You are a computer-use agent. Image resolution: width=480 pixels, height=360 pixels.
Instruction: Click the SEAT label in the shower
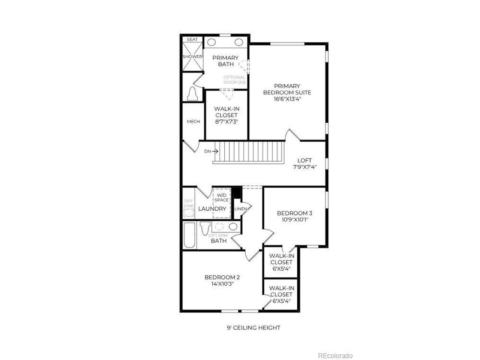coord(192,39)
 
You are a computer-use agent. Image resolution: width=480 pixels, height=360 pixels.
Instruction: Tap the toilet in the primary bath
coord(192,94)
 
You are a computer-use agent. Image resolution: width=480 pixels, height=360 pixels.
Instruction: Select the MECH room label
coord(193,121)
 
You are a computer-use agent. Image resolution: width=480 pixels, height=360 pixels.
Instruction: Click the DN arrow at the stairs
coord(215,151)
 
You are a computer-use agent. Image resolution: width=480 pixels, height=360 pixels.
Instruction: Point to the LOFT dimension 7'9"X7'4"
coord(304,167)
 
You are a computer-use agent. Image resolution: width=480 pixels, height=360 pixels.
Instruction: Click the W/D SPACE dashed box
coord(222,203)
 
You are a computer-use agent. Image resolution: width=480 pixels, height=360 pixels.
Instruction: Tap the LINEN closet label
coord(241,209)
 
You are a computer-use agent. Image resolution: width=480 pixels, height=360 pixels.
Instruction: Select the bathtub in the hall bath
coord(189,235)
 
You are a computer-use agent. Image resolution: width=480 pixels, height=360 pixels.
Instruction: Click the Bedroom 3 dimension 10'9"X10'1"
coord(294,219)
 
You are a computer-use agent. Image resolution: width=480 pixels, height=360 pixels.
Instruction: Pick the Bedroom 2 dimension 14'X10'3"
coord(222,284)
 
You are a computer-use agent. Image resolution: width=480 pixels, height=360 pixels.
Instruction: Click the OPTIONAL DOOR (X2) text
coord(234,80)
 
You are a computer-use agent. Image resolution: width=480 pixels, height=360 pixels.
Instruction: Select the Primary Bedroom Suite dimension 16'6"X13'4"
coord(287,99)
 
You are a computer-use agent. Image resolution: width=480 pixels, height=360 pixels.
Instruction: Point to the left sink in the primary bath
coord(211,42)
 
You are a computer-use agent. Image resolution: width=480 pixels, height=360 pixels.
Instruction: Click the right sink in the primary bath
coord(239,42)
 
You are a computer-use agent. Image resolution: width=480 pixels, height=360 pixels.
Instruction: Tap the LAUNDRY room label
coord(212,208)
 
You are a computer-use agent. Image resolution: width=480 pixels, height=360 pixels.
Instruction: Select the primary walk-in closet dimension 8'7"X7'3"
coord(226,121)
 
